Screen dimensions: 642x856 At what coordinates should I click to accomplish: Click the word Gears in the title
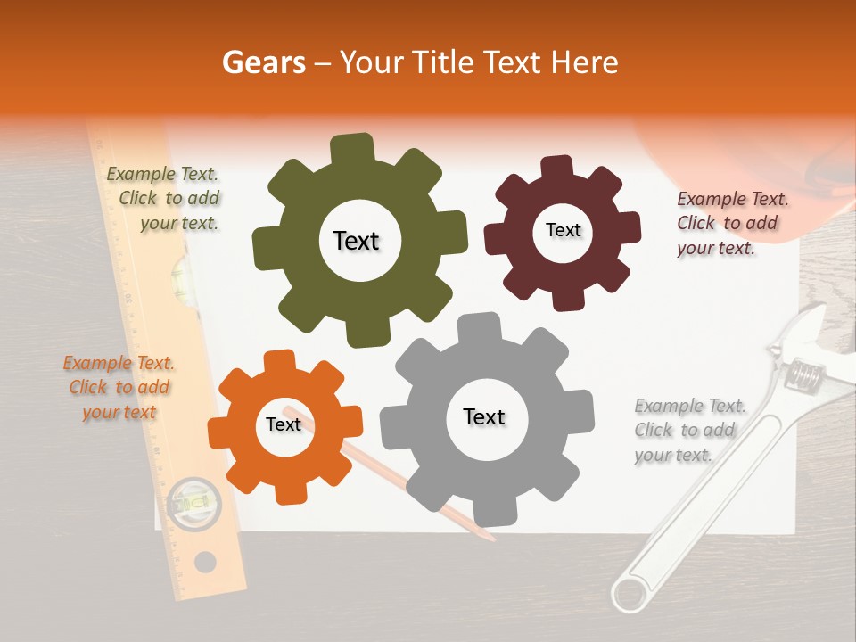pos(263,62)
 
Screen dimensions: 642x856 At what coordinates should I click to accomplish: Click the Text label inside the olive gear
pos(356,241)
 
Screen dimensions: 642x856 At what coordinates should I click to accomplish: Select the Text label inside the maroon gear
pos(563,230)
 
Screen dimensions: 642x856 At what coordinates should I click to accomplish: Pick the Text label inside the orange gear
pos(284,424)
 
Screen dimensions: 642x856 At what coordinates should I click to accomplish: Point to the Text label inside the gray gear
pos(484,416)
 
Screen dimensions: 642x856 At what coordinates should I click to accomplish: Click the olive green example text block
pos(163,199)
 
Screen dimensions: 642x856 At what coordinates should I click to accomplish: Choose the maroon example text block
pos(732,223)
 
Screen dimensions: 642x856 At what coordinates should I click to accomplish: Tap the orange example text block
pos(119,387)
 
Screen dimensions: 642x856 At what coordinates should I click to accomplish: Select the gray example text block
pos(689,430)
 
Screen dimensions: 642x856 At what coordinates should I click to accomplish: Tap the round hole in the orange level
pos(205,562)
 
